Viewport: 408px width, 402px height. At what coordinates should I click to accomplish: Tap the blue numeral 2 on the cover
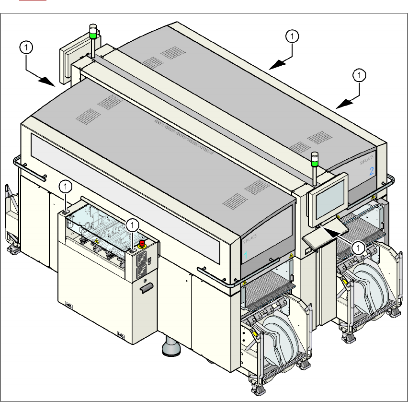(372, 171)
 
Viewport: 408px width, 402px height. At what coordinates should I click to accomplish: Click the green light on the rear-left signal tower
(92, 35)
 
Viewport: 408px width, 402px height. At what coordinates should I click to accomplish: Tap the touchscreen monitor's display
(329, 198)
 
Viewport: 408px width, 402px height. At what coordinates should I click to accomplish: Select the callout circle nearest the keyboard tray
(357, 247)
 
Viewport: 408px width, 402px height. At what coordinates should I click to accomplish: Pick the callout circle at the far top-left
(26, 47)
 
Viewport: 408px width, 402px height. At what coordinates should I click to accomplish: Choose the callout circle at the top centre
(292, 35)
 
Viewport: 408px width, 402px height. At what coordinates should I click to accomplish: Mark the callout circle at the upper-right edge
(359, 75)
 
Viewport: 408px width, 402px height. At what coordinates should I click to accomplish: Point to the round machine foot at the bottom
(170, 349)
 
